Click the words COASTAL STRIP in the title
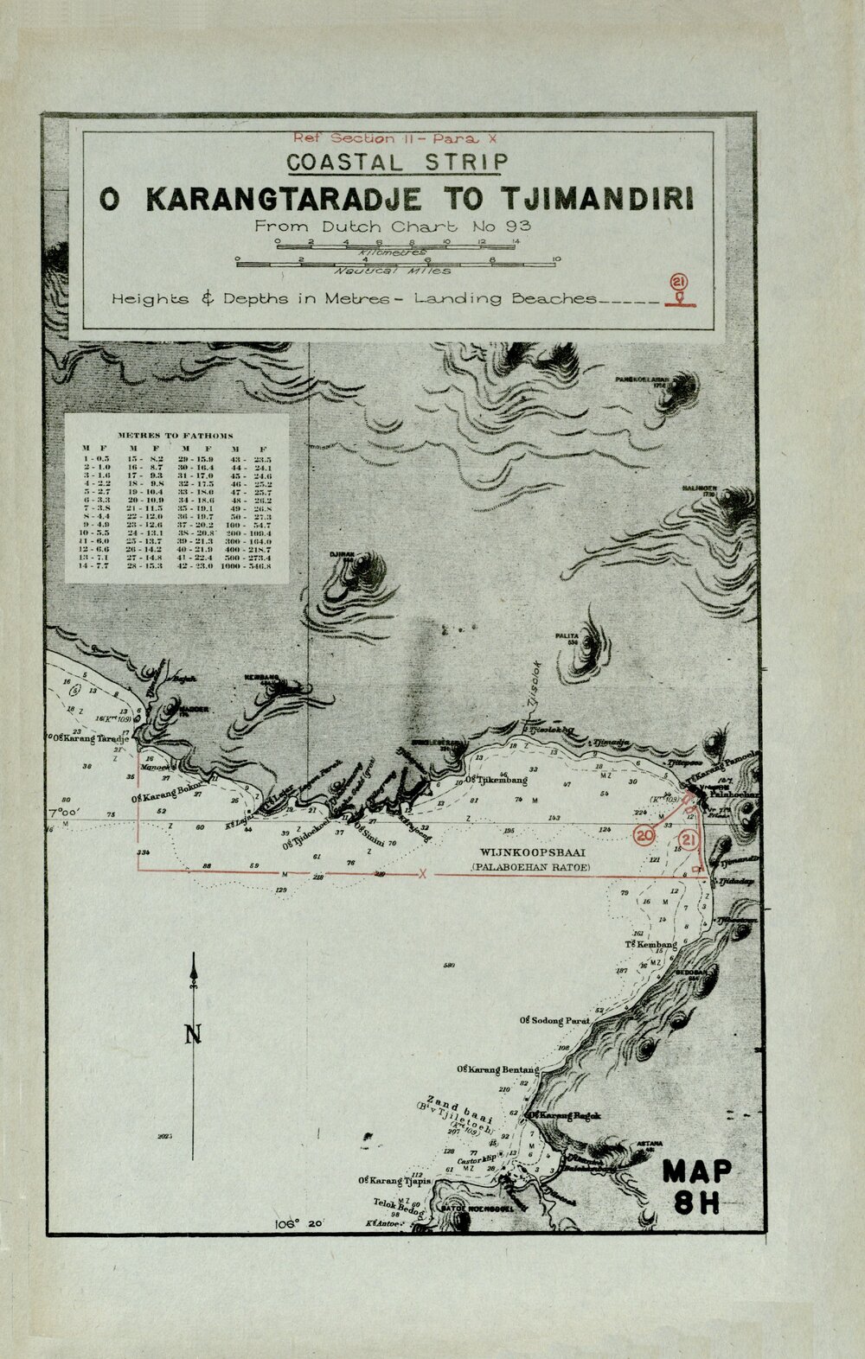tap(397, 163)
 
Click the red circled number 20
tap(644, 835)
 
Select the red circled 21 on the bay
tap(689, 839)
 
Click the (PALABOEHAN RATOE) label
tap(531, 865)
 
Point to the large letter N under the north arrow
tap(193, 1034)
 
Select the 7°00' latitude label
tap(64, 813)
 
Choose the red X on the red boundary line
tap(423, 874)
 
